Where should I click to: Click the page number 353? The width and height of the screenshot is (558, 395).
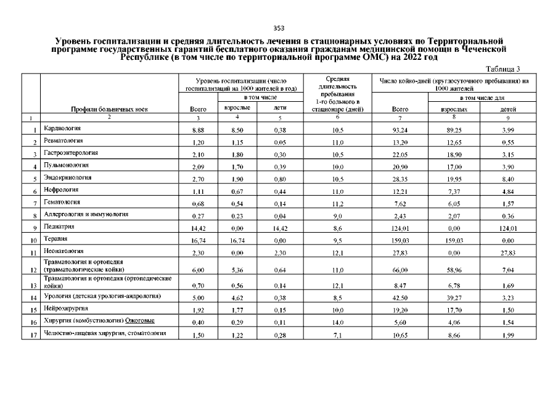(x=279, y=28)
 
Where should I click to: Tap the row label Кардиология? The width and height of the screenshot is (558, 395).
(x=63, y=129)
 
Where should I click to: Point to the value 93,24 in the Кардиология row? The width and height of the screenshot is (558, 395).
(x=400, y=131)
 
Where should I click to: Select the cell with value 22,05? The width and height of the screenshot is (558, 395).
(x=400, y=154)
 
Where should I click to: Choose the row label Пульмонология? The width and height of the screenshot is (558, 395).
(x=66, y=165)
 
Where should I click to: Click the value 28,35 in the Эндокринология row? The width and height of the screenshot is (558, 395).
(x=400, y=178)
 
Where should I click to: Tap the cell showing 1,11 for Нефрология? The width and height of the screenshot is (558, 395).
(x=198, y=191)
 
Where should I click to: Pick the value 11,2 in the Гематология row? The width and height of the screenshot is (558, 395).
(x=337, y=202)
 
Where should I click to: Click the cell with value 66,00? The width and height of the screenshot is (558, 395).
(x=400, y=270)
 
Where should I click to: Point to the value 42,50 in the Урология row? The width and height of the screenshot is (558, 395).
(x=400, y=298)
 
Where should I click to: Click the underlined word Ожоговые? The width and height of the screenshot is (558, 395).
(x=140, y=320)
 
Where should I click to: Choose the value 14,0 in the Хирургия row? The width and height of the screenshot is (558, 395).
(x=337, y=322)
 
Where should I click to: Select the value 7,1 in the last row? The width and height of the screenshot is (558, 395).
(x=337, y=335)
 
